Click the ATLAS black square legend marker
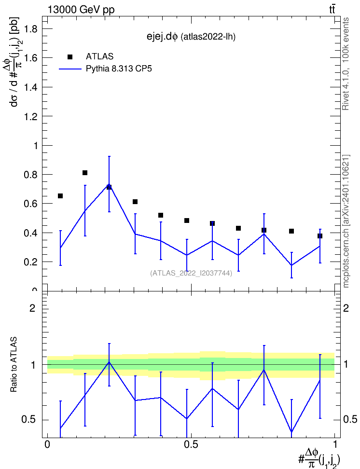[70, 57]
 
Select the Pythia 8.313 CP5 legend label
[119, 69]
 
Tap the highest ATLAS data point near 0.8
[84, 173]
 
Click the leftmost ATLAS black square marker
[60, 196]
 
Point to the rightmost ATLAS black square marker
[320, 236]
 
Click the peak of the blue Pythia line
[109, 184]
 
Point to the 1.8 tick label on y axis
[30, 29]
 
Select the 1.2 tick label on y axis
[30, 116]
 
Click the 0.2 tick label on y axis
[30, 262]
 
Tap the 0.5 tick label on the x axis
[191, 444]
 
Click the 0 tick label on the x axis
[47, 444]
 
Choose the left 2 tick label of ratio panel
[32, 308]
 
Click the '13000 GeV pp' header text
[81, 10]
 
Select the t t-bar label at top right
[332, 9]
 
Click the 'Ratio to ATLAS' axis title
[14, 365]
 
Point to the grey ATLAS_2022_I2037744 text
[191, 273]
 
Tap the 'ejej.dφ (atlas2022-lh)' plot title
[191, 37]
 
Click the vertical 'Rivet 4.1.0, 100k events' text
[346, 64]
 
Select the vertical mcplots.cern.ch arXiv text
[346, 221]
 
